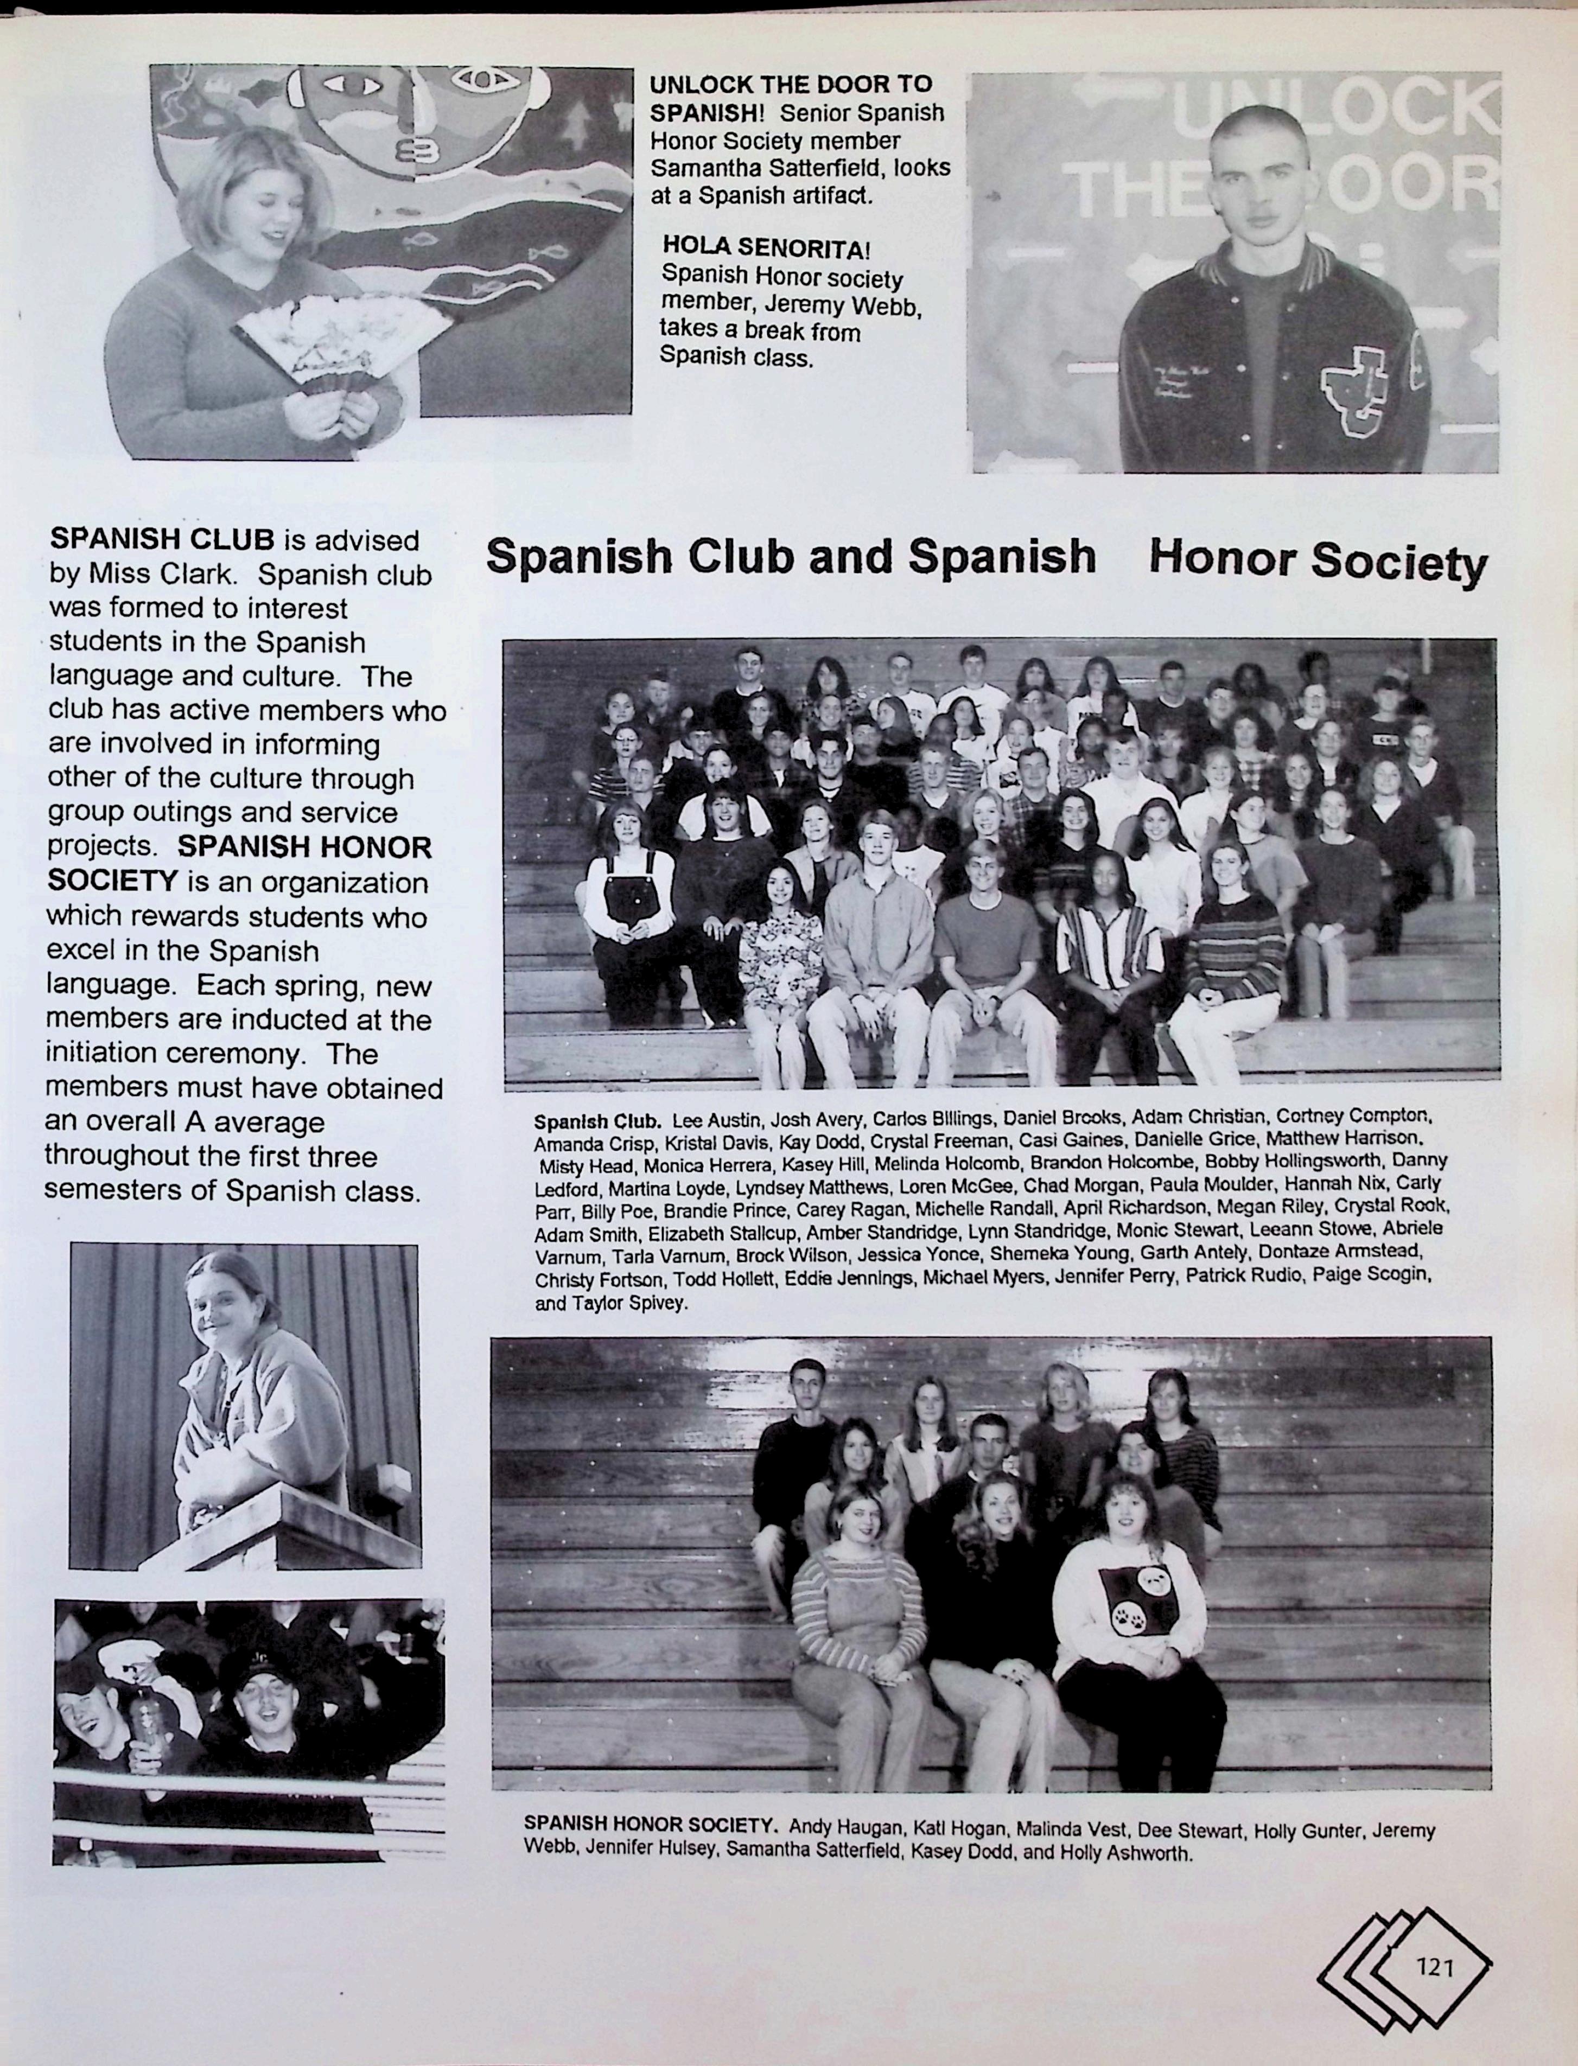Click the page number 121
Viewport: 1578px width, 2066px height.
pyautogui.click(x=1434, y=1966)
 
